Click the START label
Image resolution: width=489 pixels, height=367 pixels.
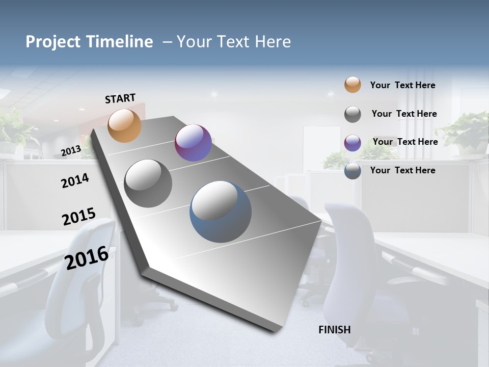tap(120, 98)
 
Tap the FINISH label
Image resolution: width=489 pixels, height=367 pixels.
tap(334, 330)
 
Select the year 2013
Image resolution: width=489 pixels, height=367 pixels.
tap(71, 150)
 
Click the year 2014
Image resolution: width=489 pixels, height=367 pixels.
tap(75, 180)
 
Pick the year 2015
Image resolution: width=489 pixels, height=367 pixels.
tap(78, 217)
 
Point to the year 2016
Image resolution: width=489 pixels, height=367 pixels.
tap(87, 257)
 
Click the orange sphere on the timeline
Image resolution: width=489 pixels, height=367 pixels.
tap(124, 125)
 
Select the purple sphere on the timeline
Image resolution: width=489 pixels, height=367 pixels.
tap(193, 143)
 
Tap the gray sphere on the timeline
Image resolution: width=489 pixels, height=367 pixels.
tap(148, 183)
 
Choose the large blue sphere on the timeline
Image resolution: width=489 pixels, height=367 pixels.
tap(221, 212)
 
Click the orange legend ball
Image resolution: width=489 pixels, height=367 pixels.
tap(352, 85)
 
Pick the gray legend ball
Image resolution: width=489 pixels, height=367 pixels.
tap(352, 114)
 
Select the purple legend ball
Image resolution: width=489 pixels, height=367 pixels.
tap(352, 143)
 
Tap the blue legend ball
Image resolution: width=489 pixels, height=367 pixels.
tap(352, 171)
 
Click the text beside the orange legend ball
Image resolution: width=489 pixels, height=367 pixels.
tap(402, 85)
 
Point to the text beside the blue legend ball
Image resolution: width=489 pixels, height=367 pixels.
tap(402, 170)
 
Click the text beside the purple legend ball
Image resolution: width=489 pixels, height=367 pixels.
tap(405, 142)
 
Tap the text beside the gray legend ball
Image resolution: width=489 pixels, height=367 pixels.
tap(404, 114)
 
